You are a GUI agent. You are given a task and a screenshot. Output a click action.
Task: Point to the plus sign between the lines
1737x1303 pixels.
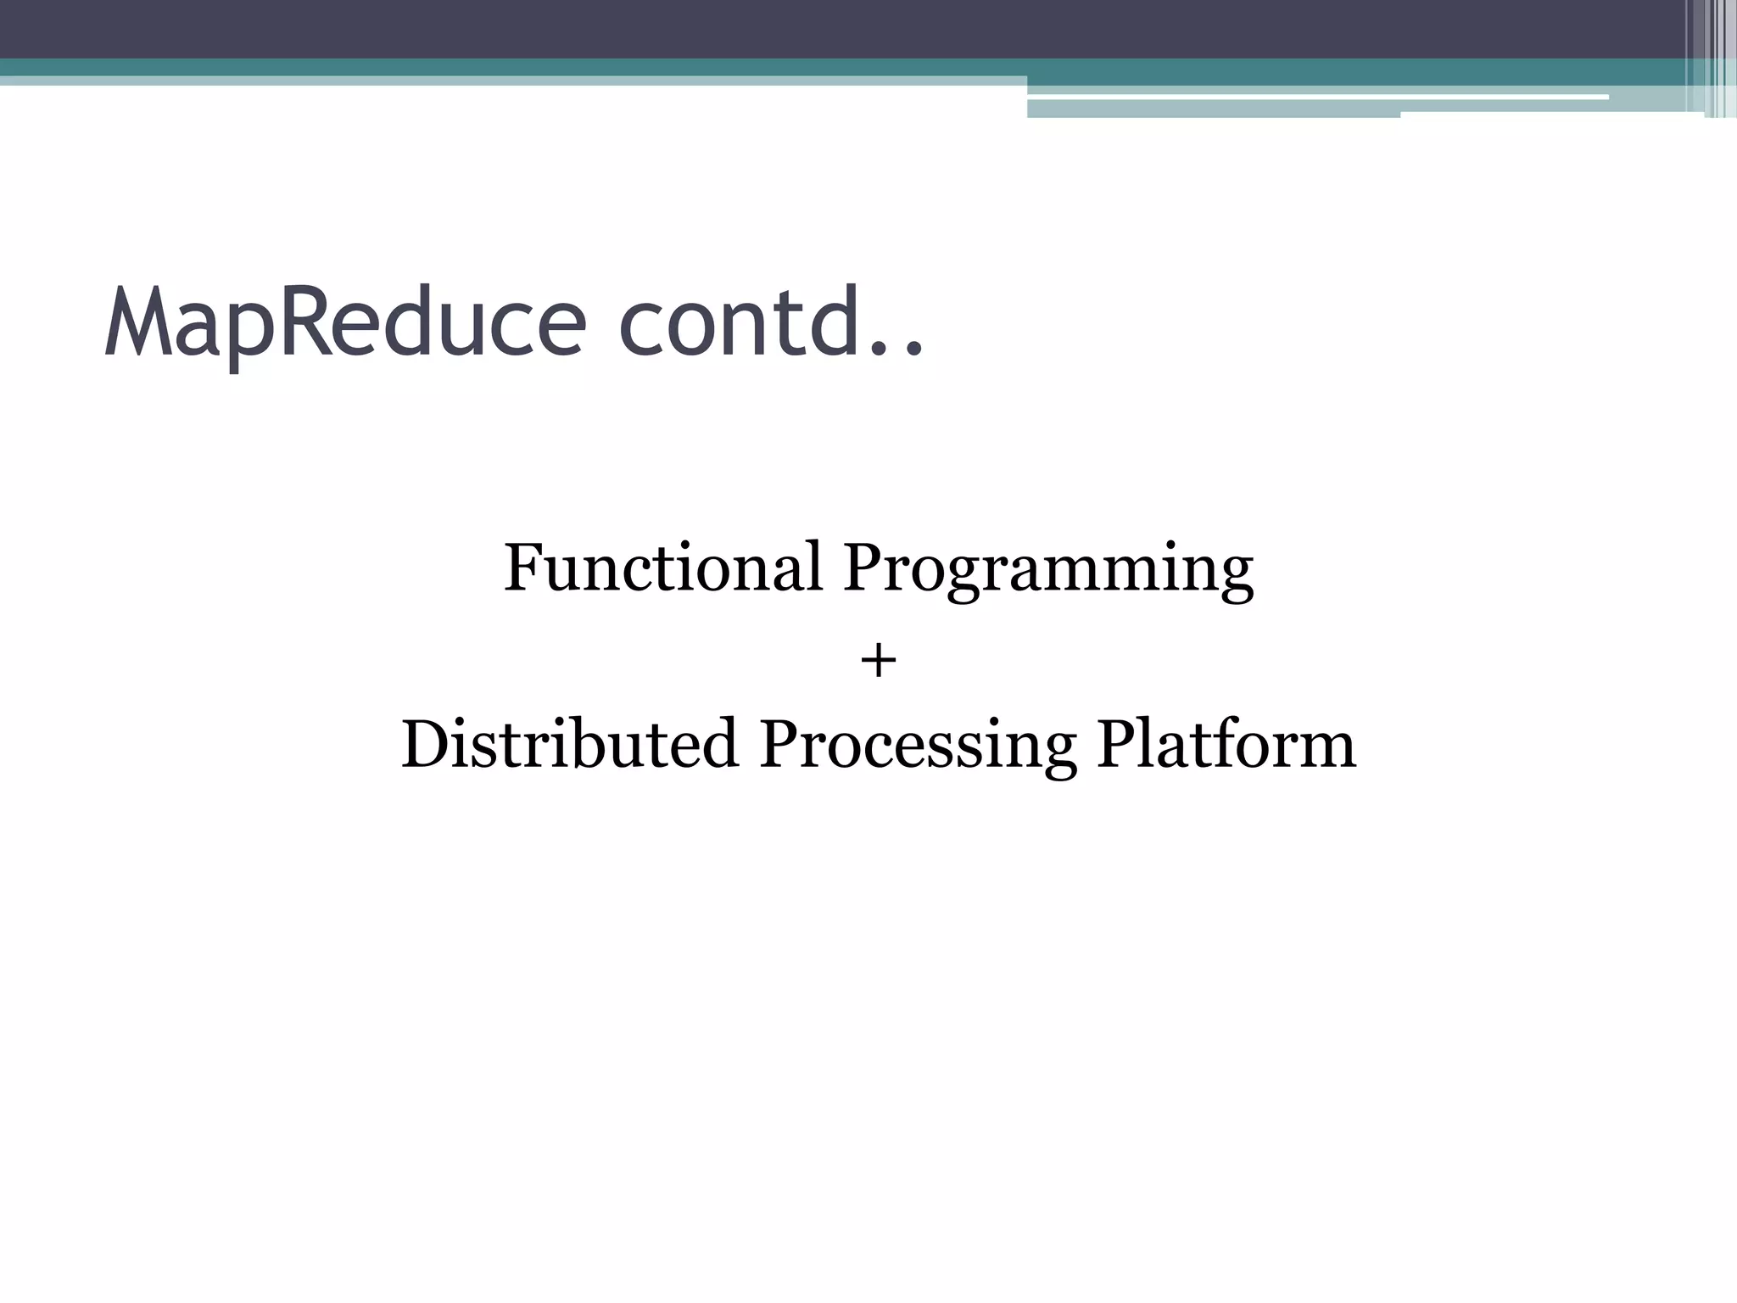[879, 661]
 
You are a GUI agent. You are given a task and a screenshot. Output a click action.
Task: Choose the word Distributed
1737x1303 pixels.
[569, 744]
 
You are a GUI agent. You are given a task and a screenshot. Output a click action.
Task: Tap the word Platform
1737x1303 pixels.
[1226, 744]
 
